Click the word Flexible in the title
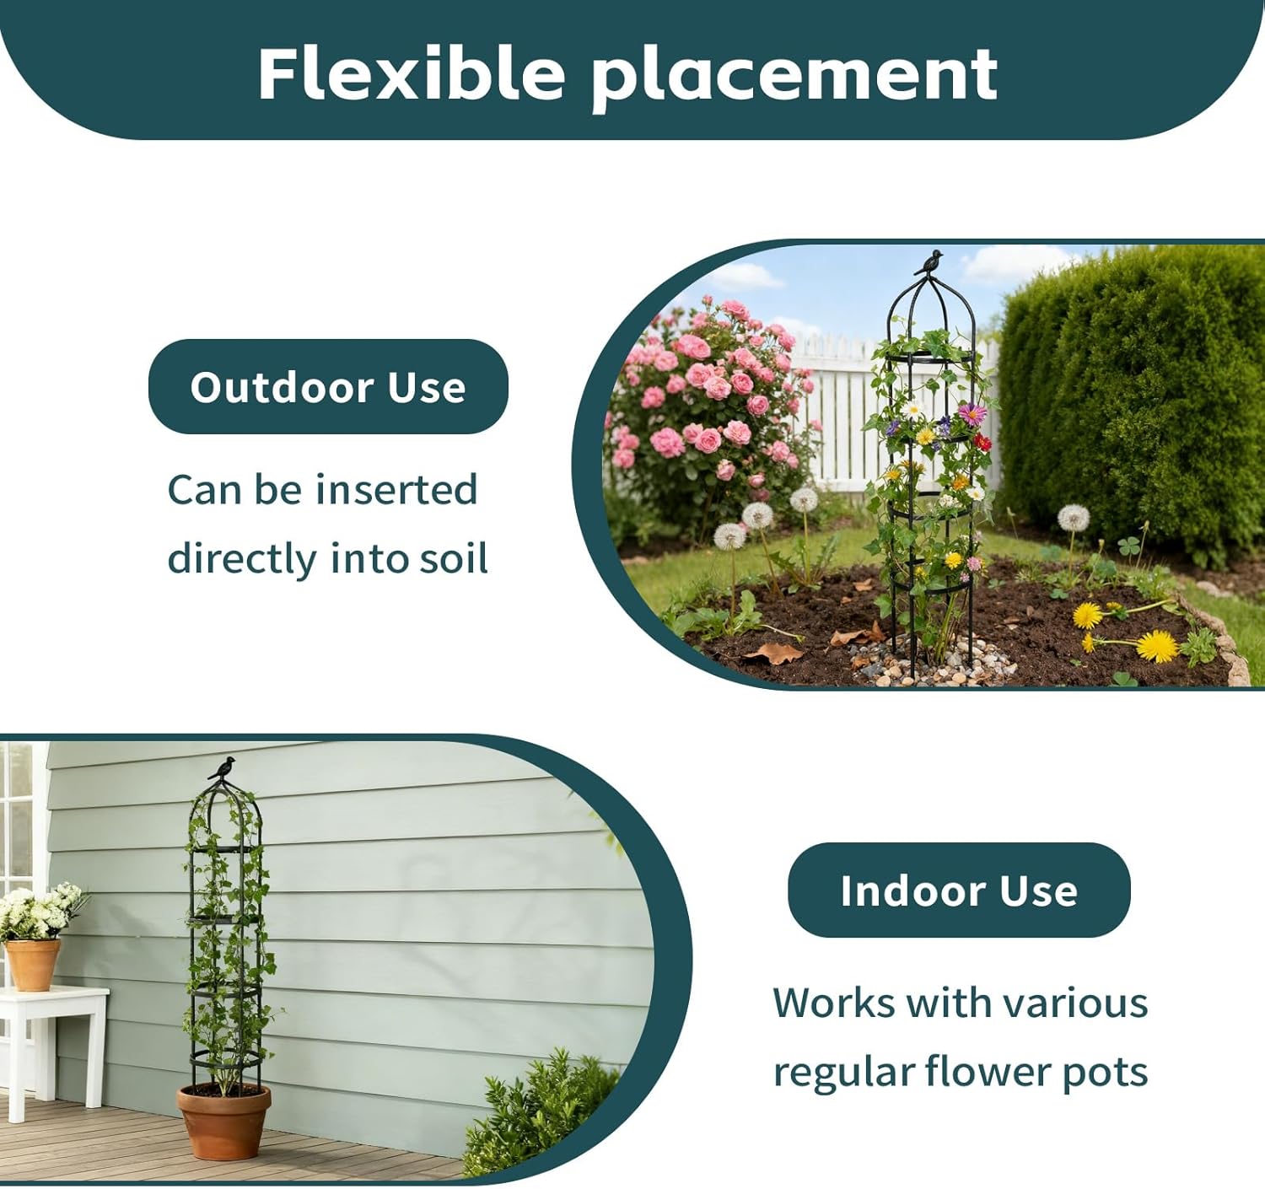[x=411, y=73]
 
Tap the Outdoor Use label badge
[x=328, y=387]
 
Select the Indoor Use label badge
[x=958, y=890]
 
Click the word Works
[x=833, y=1003]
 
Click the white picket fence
[x=835, y=413]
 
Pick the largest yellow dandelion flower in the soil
[x=1157, y=646]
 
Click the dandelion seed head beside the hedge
[x=1073, y=518]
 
